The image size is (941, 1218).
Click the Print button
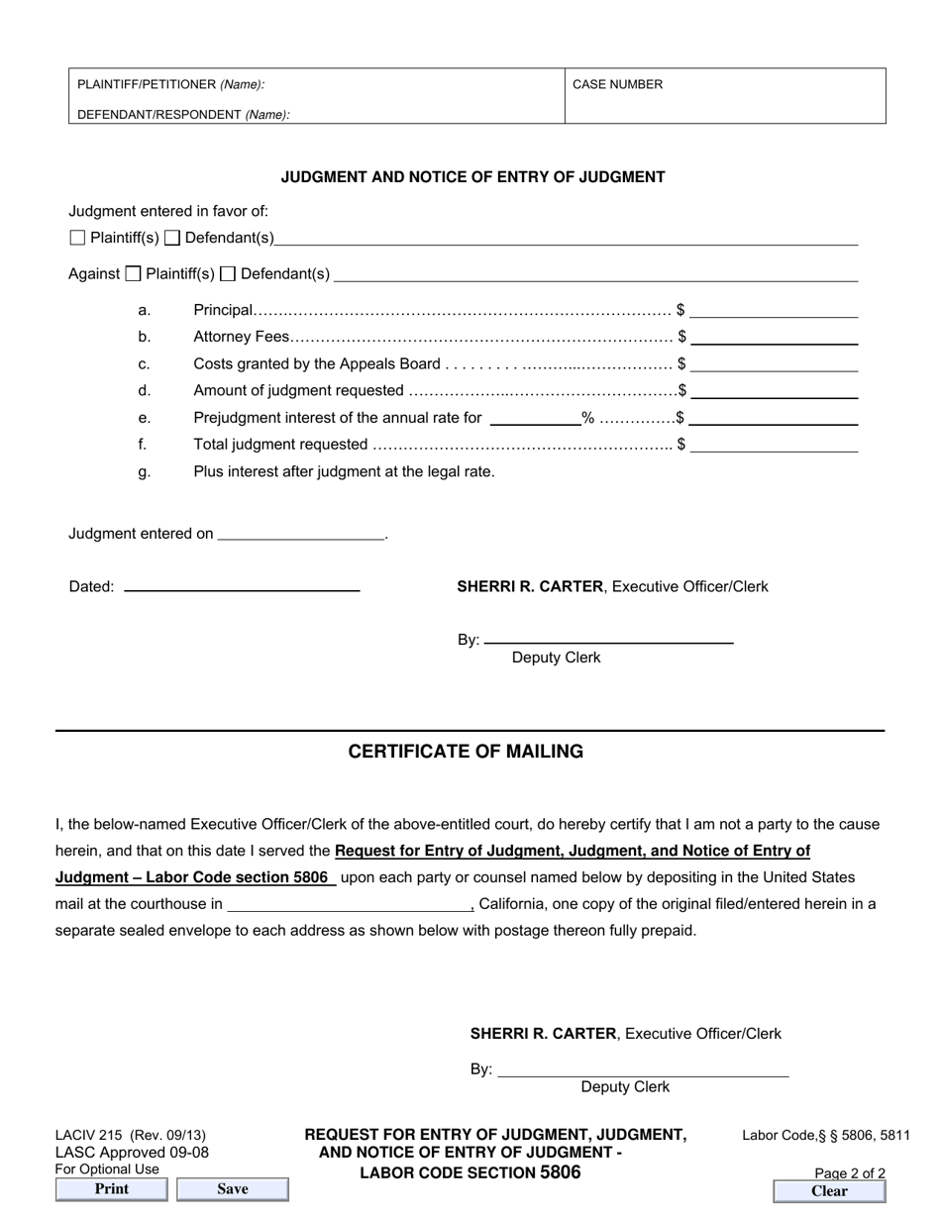point(112,1189)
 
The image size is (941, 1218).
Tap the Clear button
point(829,1191)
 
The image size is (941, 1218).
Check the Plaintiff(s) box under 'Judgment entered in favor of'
point(78,238)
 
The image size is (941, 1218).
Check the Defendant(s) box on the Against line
point(228,274)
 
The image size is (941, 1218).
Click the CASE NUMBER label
point(617,84)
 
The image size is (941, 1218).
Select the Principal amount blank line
point(774,311)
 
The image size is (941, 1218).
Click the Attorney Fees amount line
point(774,338)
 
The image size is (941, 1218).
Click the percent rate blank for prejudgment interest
point(536,418)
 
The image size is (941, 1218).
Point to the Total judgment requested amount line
point(774,445)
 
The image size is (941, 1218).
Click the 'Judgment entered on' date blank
point(300,534)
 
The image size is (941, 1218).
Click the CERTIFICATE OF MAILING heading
point(466,752)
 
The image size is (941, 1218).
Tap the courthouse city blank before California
point(350,904)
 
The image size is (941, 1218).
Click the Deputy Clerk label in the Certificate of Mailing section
point(625,1087)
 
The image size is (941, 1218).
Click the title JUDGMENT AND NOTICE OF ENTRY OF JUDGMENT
point(472,177)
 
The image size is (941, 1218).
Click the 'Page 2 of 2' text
point(850,1173)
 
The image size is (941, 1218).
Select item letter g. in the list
point(145,472)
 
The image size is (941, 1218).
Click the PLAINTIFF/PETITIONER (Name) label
point(170,84)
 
